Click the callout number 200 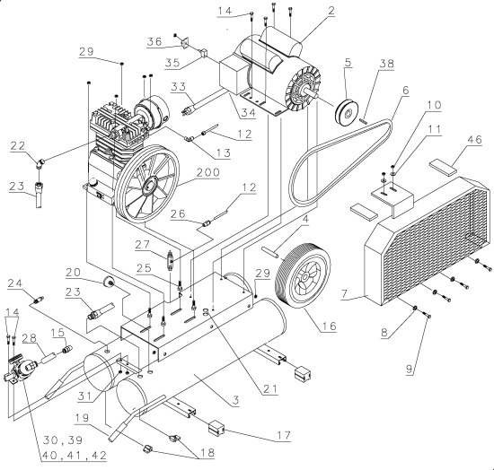tap(208, 172)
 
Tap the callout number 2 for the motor tap(331, 11)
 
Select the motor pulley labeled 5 tap(347, 113)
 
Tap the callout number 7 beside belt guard tap(344, 294)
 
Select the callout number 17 tap(283, 435)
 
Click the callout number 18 tap(207, 452)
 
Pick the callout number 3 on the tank tap(235, 400)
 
